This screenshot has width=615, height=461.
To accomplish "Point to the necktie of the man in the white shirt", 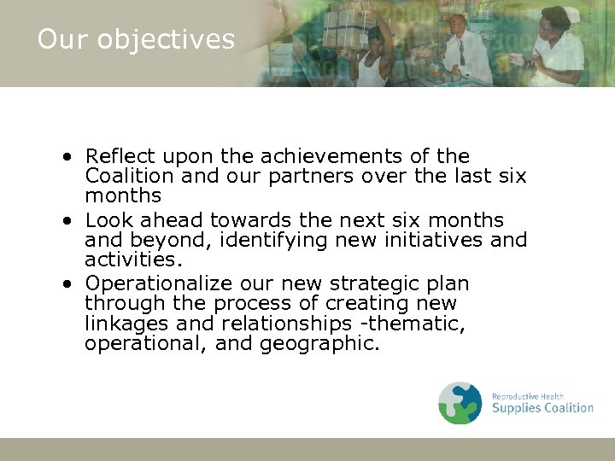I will pos(460,50).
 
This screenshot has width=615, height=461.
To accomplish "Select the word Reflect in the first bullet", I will pos(120,156).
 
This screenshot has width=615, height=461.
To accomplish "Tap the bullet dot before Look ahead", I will pos(67,220).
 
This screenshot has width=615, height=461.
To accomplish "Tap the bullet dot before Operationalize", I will pos(67,283).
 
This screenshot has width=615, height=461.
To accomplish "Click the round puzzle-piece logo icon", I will pos(460,403).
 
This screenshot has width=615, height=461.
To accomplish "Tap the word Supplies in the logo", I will pos(520,408).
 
